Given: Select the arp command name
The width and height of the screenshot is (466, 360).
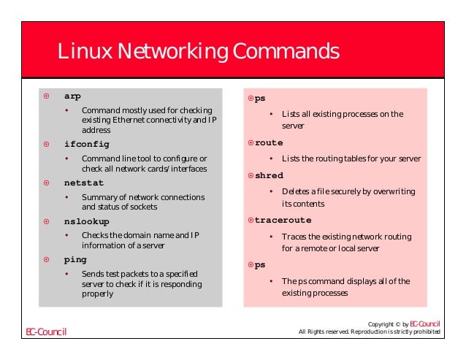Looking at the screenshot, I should pyautogui.click(x=72, y=96).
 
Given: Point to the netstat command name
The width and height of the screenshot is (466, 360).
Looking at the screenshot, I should pyautogui.click(x=84, y=183).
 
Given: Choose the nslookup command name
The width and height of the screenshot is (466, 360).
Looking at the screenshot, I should pyautogui.click(x=87, y=221).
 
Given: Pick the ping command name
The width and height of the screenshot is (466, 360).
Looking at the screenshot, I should pyautogui.click(x=75, y=259).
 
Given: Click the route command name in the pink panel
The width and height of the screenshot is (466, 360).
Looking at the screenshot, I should pyautogui.click(x=268, y=142).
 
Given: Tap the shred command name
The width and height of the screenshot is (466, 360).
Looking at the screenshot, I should pyautogui.click(x=268, y=175).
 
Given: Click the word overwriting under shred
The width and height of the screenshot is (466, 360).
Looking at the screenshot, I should pyautogui.click(x=391, y=191).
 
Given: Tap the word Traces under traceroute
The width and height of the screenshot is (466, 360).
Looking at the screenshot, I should pyautogui.click(x=294, y=237).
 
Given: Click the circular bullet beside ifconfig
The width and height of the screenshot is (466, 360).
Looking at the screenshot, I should pyautogui.click(x=46, y=144).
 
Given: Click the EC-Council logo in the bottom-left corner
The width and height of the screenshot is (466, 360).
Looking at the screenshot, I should pyautogui.click(x=46, y=332).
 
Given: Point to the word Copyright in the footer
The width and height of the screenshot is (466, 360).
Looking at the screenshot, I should pyautogui.click(x=383, y=323).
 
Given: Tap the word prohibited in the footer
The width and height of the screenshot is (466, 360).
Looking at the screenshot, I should pyautogui.click(x=423, y=332).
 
